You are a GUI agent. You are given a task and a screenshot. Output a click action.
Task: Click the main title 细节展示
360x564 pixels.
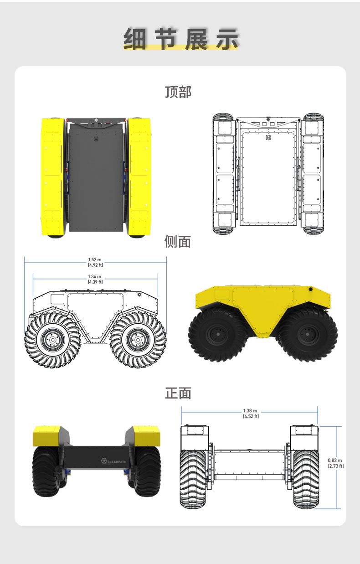pos(180,39)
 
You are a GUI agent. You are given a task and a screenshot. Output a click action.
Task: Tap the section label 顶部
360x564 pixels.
pos(178,92)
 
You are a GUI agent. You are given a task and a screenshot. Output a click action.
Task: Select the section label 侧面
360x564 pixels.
pos(178,242)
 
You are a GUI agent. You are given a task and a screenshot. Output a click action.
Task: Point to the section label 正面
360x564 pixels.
pos(178,393)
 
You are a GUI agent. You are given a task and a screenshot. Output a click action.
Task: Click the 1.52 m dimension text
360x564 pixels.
pos(95,262)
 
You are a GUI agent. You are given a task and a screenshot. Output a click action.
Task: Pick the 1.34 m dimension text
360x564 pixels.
pos(95,279)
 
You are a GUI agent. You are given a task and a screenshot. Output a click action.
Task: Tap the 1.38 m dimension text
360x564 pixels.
pos(251,413)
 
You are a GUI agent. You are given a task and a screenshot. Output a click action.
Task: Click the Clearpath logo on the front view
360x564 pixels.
pos(114,461)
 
